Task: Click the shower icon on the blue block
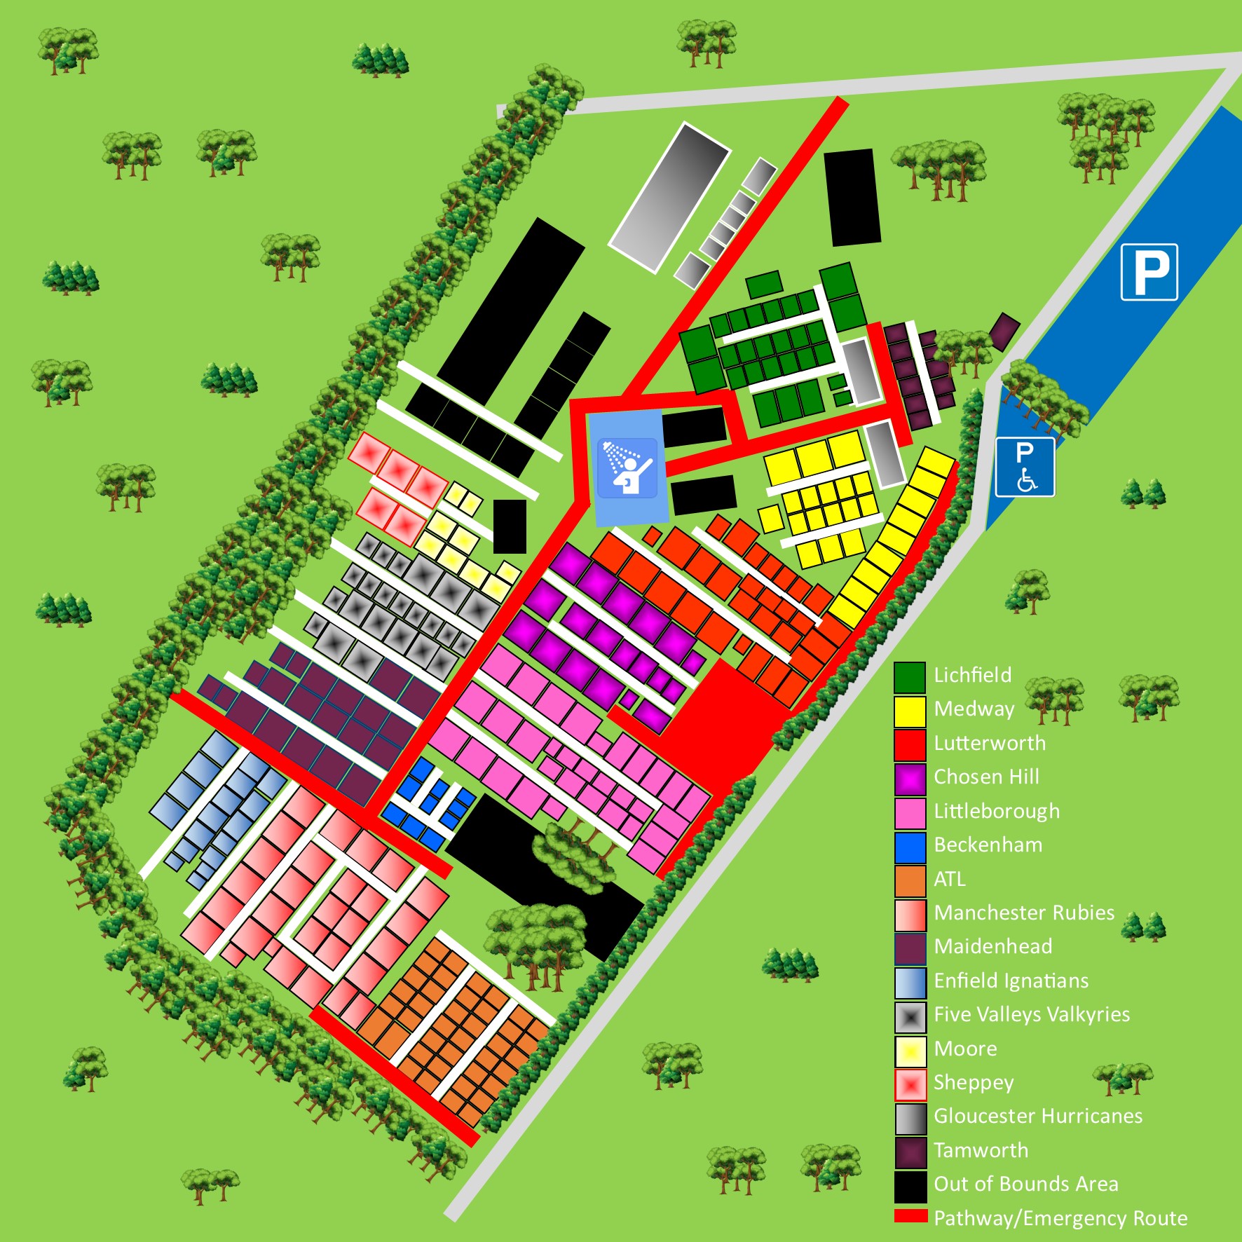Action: (628, 467)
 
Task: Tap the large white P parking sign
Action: (1149, 272)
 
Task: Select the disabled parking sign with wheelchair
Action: (1025, 467)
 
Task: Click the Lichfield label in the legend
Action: (972, 675)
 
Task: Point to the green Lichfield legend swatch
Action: (909, 677)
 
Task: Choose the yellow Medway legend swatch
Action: (909, 711)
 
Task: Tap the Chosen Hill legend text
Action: (986, 777)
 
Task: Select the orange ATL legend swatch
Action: (909, 880)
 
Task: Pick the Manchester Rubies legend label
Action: (1023, 913)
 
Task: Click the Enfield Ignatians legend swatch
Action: (909, 982)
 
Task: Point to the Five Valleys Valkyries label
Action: (1032, 1014)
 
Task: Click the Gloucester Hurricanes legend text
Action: (1037, 1116)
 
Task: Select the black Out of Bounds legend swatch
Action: (909, 1186)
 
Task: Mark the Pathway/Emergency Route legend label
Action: (1060, 1218)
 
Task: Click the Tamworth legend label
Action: (981, 1150)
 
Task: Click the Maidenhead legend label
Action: (992, 946)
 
